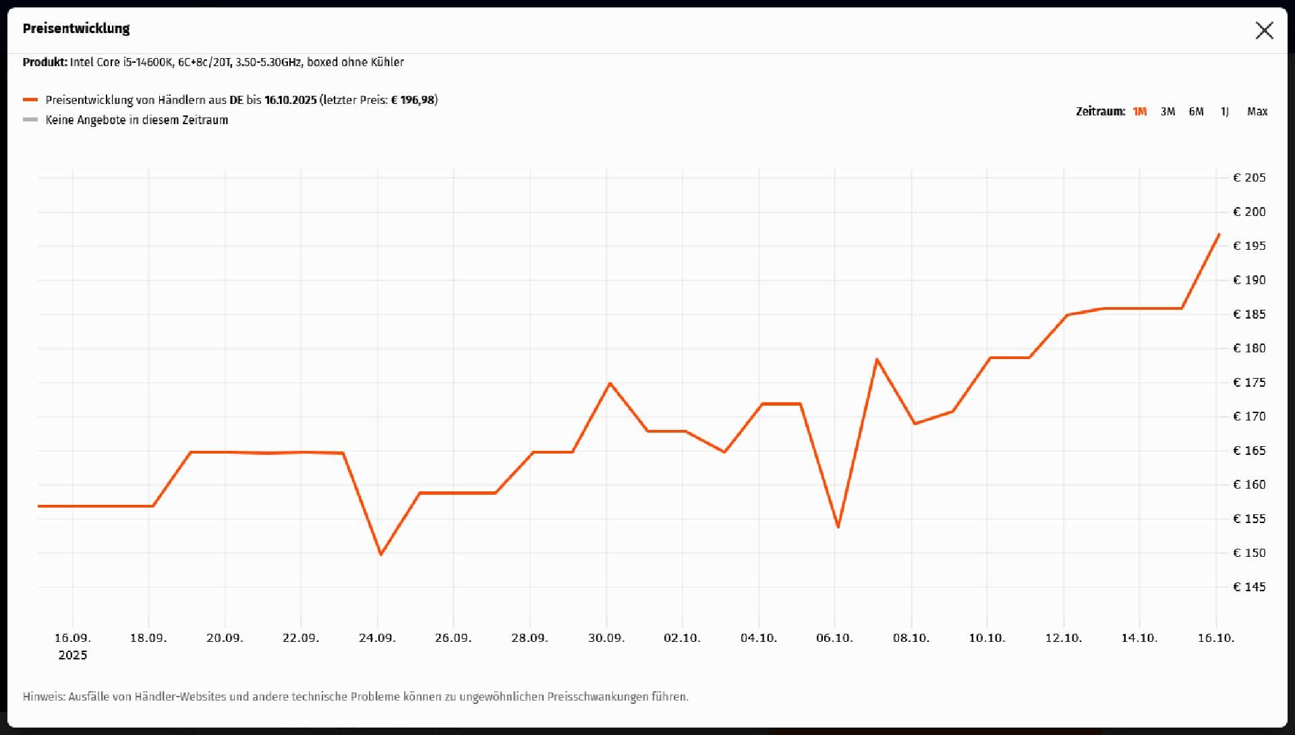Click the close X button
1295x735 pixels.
pyautogui.click(x=1264, y=30)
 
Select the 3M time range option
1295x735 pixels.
pyautogui.click(x=1168, y=111)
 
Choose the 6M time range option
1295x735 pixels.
pyautogui.click(x=1196, y=111)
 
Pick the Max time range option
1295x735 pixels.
pyautogui.click(x=1257, y=111)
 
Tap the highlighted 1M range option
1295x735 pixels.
pyautogui.click(x=1139, y=111)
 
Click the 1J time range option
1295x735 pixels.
pyautogui.click(x=1224, y=111)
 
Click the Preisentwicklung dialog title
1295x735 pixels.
pyautogui.click(x=76, y=28)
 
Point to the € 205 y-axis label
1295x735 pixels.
pyautogui.click(x=1249, y=178)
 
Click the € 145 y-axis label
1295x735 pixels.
pyautogui.click(x=1249, y=587)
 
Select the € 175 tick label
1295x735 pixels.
pyautogui.click(x=1249, y=383)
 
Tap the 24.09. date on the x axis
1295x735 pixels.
pyautogui.click(x=377, y=638)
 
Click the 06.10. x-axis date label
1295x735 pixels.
pyautogui.click(x=834, y=638)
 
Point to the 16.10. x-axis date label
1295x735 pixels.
pyautogui.click(x=1215, y=638)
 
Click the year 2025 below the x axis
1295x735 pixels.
pyautogui.click(x=73, y=655)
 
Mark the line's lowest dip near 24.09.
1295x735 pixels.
pyautogui.click(x=381, y=554)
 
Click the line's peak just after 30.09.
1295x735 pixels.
pyautogui.click(x=610, y=383)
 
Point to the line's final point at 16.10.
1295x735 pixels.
pyautogui.click(x=1219, y=234)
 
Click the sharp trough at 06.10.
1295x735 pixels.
pyautogui.click(x=838, y=526)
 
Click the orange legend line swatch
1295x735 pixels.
pyautogui.click(x=30, y=100)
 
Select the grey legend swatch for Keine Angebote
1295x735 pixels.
pyautogui.click(x=30, y=120)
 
